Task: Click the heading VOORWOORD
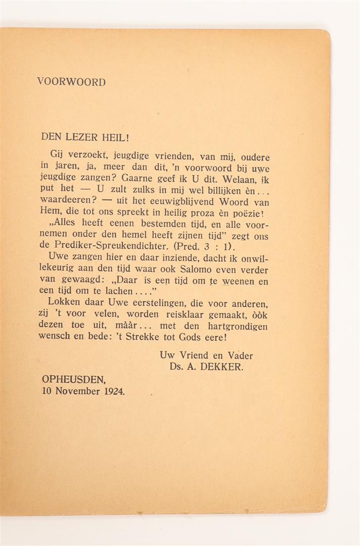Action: tap(71, 82)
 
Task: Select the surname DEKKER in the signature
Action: tap(223, 368)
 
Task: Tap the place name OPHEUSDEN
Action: tap(74, 379)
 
